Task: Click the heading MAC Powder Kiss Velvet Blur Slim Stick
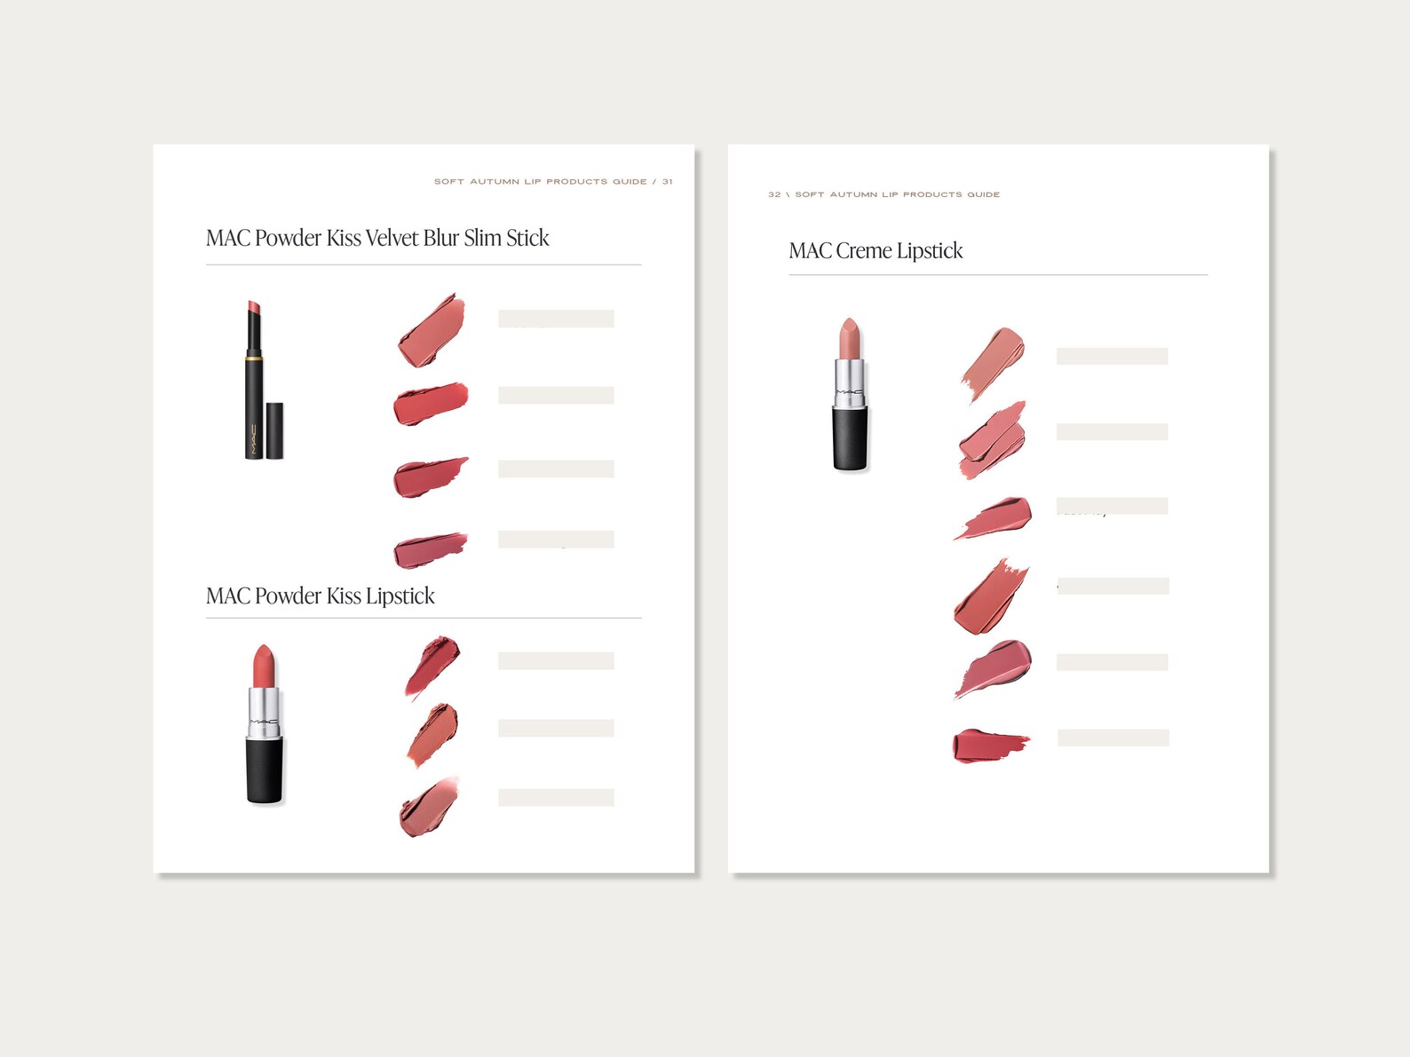pyautogui.click(x=377, y=238)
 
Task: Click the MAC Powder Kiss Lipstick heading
pyautogui.click(x=320, y=596)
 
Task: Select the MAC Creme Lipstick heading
pyautogui.click(x=875, y=251)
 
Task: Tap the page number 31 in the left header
pyautogui.click(x=667, y=181)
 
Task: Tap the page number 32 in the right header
pyautogui.click(x=774, y=194)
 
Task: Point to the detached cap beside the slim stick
pyautogui.click(x=275, y=430)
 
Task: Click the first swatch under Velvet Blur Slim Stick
pyautogui.click(x=432, y=331)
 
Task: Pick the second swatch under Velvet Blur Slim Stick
pyautogui.click(x=431, y=404)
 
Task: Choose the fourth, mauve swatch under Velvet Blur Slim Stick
pyautogui.click(x=430, y=549)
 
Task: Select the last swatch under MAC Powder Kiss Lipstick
pyautogui.click(x=430, y=808)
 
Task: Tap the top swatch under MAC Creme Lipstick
pyautogui.click(x=994, y=360)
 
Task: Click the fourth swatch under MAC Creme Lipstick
pyautogui.click(x=991, y=598)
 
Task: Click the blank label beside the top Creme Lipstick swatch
pyautogui.click(x=1112, y=356)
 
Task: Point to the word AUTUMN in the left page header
pyautogui.click(x=495, y=181)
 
